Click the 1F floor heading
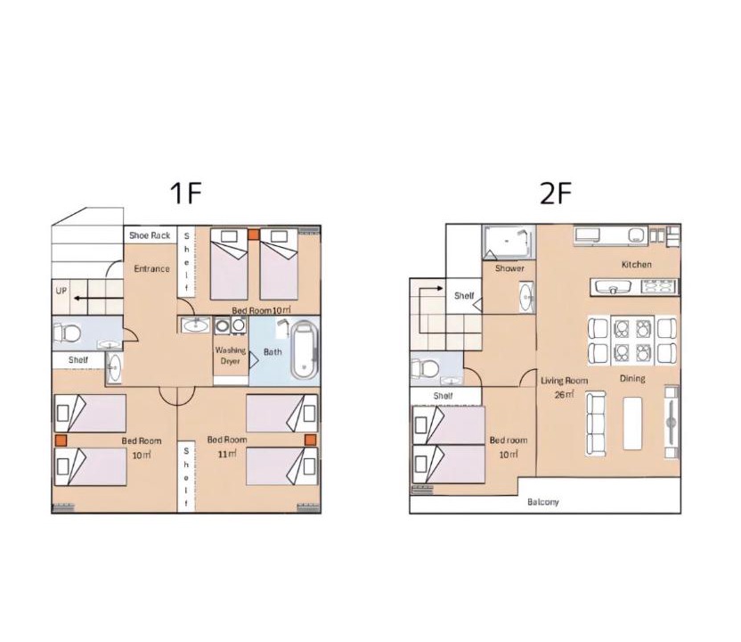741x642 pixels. pyautogui.click(x=186, y=193)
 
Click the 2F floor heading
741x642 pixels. pyautogui.click(x=556, y=193)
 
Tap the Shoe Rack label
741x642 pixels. pyautogui.click(x=150, y=235)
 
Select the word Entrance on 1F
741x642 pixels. pyautogui.click(x=151, y=268)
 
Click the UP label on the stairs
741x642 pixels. pyautogui.click(x=61, y=291)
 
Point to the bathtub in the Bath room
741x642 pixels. pyautogui.click(x=305, y=350)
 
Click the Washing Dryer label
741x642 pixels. pyautogui.click(x=230, y=355)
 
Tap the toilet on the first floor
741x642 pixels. pyautogui.click(x=67, y=333)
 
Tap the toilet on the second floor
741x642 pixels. pyautogui.click(x=425, y=368)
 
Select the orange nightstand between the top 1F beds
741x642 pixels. pyautogui.click(x=254, y=235)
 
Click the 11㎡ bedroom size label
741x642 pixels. pyautogui.click(x=227, y=454)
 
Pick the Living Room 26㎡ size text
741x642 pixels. pyautogui.click(x=565, y=394)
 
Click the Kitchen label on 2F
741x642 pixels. pyautogui.click(x=637, y=265)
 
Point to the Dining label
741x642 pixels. pyautogui.click(x=632, y=378)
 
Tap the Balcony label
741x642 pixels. pyautogui.click(x=543, y=502)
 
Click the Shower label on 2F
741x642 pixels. pyautogui.click(x=510, y=268)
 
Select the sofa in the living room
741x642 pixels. pyautogui.click(x=596, y=424)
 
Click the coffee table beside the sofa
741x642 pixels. pyautogui.click(x=632, y=423)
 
